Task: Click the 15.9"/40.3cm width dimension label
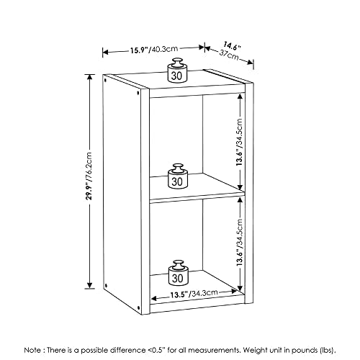click(x=154, y=50)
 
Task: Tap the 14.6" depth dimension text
click(x=232, y=46)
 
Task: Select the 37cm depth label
click(x=229, y=55)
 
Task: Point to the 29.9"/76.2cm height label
click(x=89, y=176)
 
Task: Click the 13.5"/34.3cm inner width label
click(x=194, y=294)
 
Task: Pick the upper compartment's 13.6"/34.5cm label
click(x=240, y=143)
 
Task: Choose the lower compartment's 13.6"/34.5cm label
click(x=240, y=242)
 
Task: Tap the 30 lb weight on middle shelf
click(x=178, y=176)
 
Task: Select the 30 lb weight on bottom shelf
click(x=179, y=273)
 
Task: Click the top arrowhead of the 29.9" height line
click(x=90, y=77)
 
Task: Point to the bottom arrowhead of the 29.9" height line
click(x=89, y=285)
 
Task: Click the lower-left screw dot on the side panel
click(x=106, y=286)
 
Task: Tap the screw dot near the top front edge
click(x=138, y=93)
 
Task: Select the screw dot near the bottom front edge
click(x=138, y=307)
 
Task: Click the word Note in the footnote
click(x=32, y=350)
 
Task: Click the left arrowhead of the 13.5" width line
click(x=154, y=299)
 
